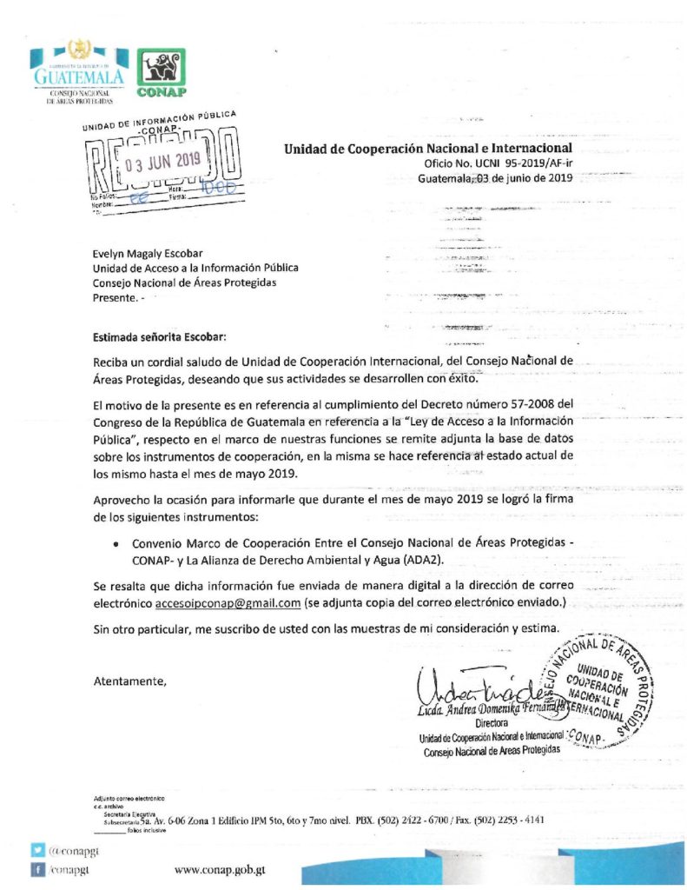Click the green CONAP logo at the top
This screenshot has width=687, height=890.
tap(162, 72)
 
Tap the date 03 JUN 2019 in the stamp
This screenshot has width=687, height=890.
tap(162, 161)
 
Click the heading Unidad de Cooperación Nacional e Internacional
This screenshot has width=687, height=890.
tap(427, 149)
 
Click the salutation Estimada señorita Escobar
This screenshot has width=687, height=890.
tap(163, 336)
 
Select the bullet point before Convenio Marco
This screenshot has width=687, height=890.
tap(116, 542)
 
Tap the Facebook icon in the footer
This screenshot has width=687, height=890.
tap(38, 868)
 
